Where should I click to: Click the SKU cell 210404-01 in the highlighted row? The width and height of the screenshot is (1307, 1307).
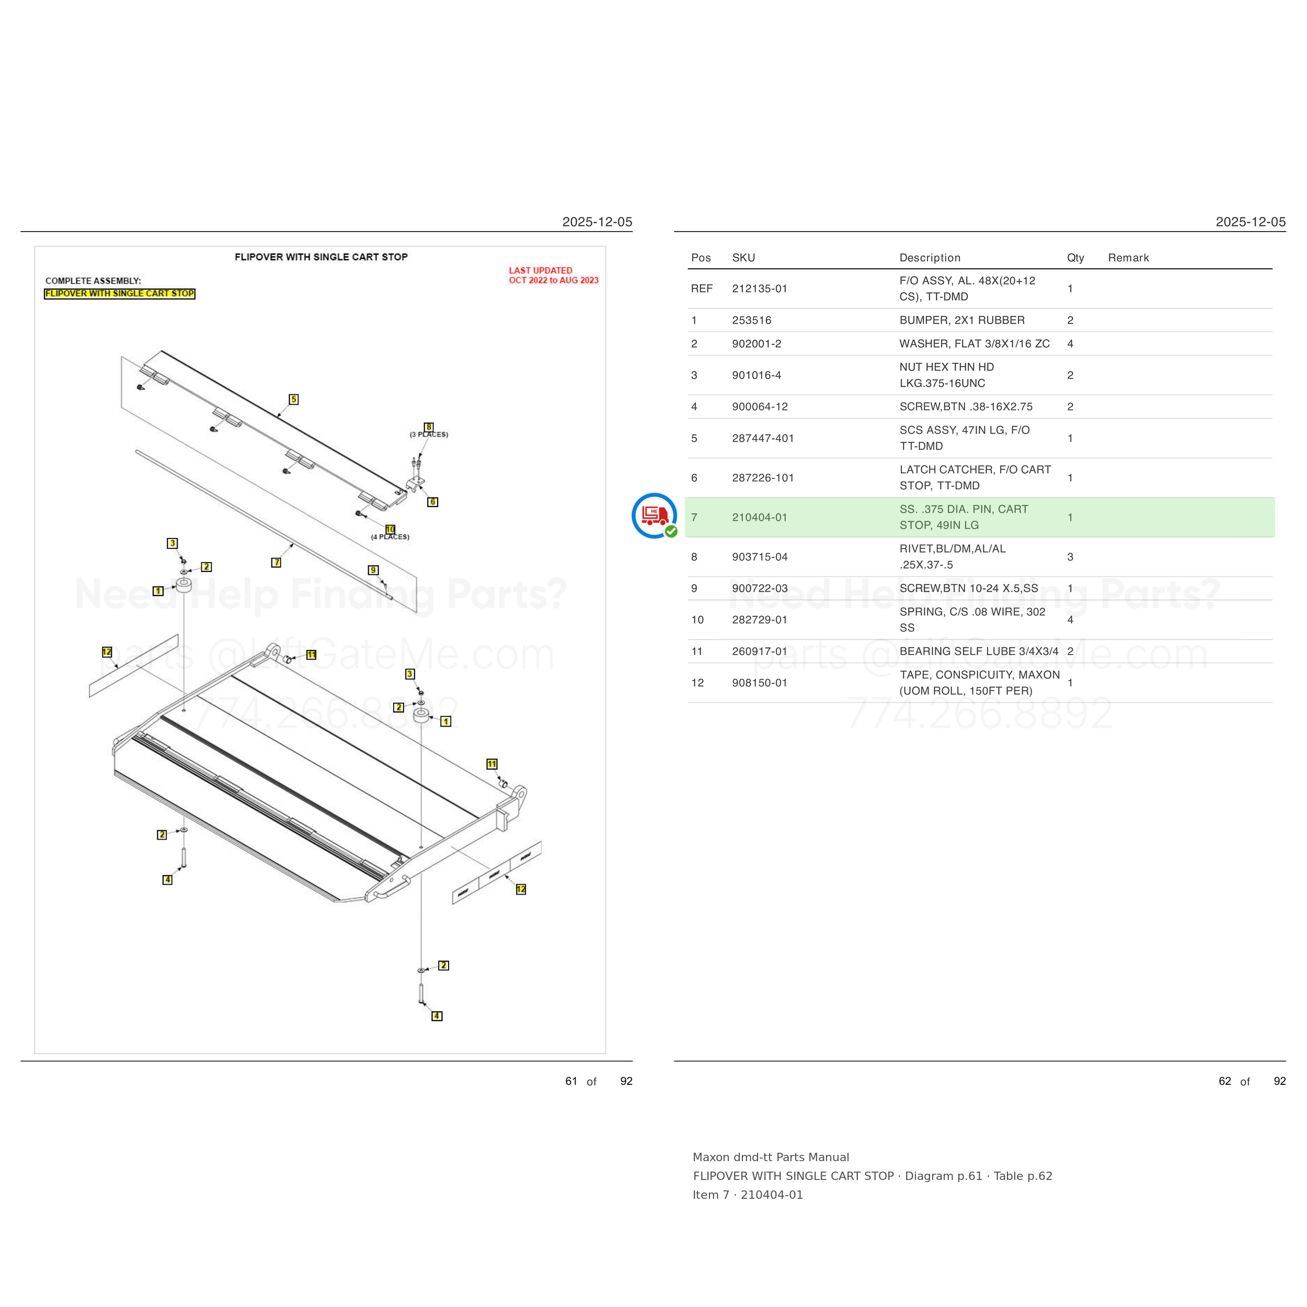[x=759, y=518]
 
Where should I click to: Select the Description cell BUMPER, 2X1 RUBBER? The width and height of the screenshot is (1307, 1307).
[x=962, y=320]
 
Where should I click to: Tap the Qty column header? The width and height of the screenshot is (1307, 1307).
[x=1075, y=258]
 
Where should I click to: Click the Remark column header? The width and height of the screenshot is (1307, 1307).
[x=1128, y=258]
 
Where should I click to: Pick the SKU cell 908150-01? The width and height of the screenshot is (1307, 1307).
[x=759, y=683]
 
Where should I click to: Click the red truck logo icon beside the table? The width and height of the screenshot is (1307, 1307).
[x=654, y=515]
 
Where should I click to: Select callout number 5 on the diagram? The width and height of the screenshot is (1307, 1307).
[x=294, y=399]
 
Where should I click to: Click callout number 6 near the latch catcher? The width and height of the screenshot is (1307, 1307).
[x=433, y=502]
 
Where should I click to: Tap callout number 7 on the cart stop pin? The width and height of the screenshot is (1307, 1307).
[x=276, y=562]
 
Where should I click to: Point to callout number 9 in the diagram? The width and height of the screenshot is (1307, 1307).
[x=373, y=570]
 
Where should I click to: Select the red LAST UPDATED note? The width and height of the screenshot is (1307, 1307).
[x=553, y=276]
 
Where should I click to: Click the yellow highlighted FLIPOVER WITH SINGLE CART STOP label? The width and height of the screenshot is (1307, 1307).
[x=120, y=294]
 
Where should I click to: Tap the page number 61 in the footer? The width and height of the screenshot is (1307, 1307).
[x=571, y=1081]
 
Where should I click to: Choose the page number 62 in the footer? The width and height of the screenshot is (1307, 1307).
[x=1224, y=1081]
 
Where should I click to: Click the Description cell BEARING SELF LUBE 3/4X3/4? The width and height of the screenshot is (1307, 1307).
[x=979, y=651]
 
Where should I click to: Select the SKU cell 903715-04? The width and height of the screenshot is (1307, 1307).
[x=760, y=557]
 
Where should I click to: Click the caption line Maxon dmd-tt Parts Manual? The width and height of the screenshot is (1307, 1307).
[x=771, y=1157]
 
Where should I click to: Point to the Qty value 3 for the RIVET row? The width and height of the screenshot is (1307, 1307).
[x=1070, y=557]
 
